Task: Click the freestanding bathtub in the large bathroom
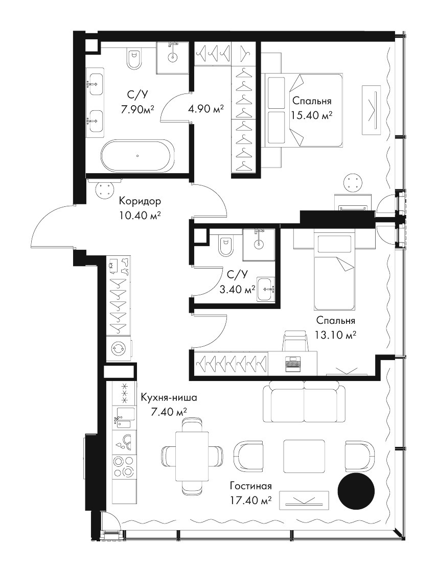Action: coord(136,155)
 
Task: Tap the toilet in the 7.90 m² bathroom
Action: coord(134,58)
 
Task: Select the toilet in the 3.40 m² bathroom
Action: coord(224,247)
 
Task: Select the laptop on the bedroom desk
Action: coord(293,363)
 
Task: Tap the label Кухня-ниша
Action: coord(169,398)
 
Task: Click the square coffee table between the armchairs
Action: coord(304,456)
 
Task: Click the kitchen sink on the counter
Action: coord(123,418)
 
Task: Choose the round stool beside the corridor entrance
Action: coord(105,189)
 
